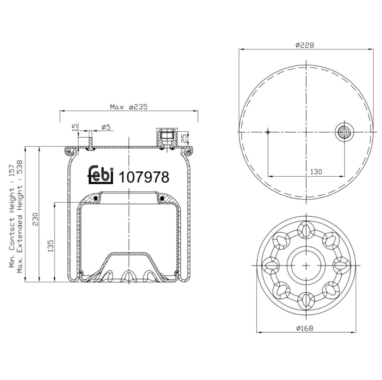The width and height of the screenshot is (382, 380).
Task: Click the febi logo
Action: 100,174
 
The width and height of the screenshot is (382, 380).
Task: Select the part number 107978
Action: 144,177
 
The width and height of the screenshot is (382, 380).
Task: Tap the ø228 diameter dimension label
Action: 305,45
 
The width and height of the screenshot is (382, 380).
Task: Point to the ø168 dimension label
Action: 305,328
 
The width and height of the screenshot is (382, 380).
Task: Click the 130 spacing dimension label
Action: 316,172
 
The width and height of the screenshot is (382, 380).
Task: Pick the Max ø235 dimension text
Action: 129,107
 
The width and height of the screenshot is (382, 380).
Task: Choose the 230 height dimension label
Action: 35,219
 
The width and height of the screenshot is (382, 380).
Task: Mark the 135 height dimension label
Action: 50,246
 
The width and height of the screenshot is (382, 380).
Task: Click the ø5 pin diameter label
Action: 106,127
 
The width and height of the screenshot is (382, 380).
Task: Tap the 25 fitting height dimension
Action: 185,138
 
